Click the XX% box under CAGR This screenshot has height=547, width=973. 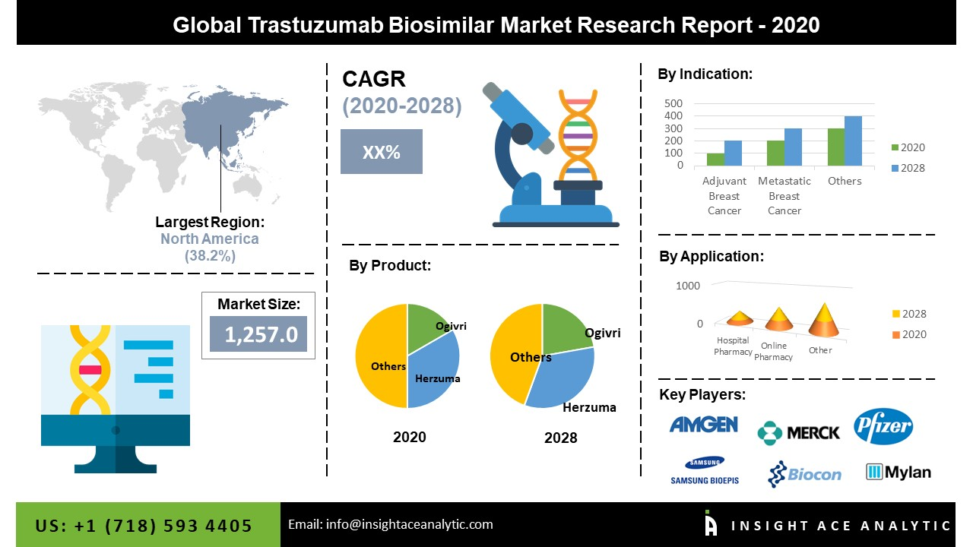pos(381,151)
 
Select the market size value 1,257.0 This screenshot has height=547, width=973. pos(258,334)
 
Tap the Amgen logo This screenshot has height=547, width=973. pos(703,424)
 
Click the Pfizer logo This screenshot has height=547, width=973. pos(883,426)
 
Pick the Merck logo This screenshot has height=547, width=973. pos(798,432)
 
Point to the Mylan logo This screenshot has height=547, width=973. pos(898,472)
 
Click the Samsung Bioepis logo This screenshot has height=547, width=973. pos(704,471)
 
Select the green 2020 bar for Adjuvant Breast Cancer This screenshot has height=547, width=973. pos(715,160)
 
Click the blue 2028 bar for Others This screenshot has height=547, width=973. pos(853,141)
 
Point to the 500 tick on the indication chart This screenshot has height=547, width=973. pos(673,103)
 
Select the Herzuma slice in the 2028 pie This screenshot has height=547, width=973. pos(563,380)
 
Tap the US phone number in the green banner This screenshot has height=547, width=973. pos(144,526)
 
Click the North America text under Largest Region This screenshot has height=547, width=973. pos(209,239)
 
